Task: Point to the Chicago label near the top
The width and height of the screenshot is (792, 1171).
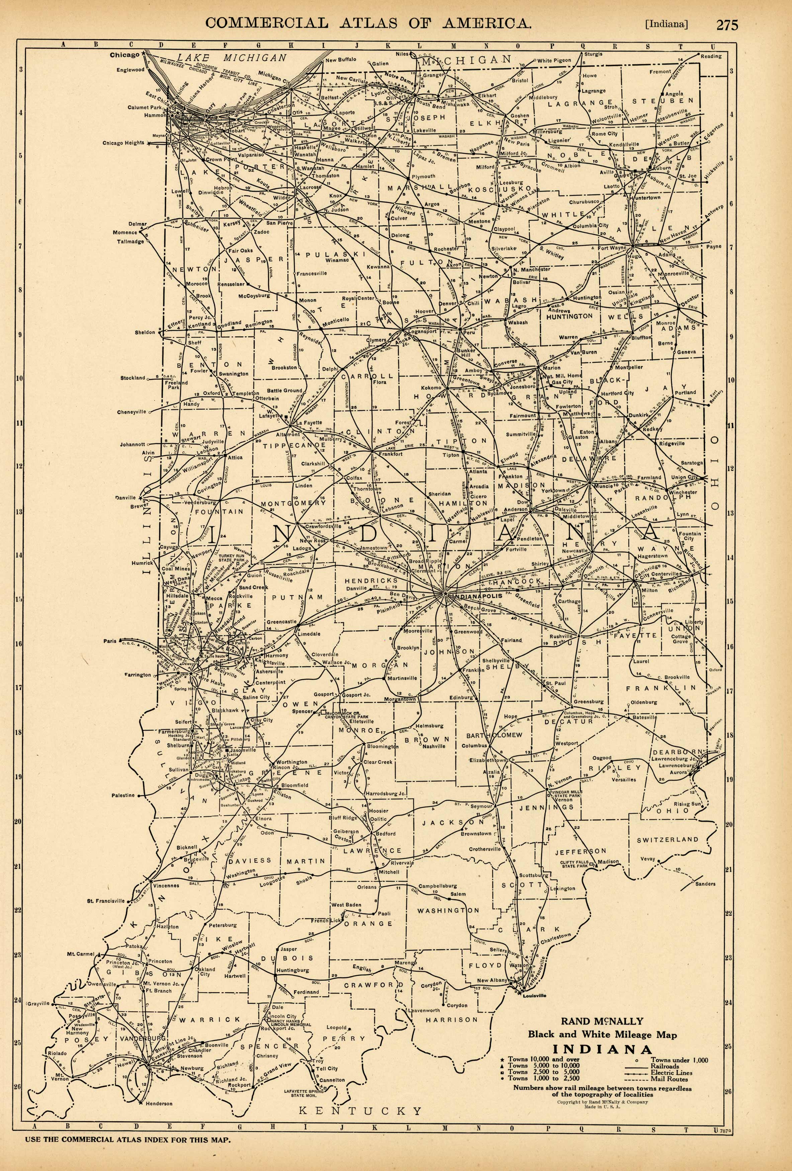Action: point(124,55)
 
